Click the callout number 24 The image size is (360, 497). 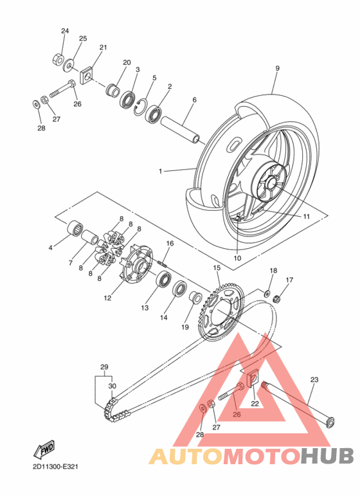click(x=65, y=31)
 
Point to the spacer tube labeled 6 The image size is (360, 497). click(x=181, y=130)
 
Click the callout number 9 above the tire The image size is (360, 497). click(x=277, y=68)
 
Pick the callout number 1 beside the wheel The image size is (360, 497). click(x=160, y=171)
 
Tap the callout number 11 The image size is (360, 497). click(x=306, y=217)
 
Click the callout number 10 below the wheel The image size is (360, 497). click(x=237, y=258)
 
